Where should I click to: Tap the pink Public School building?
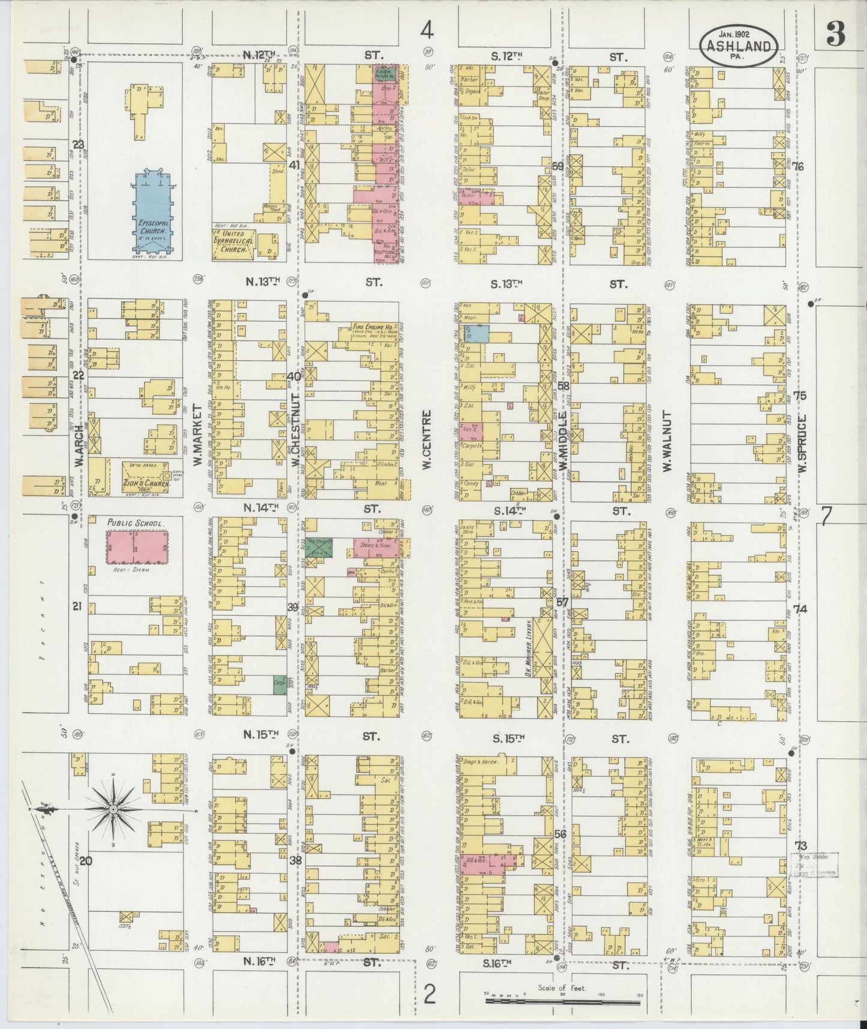[136, 546]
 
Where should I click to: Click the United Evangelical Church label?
[233, 245]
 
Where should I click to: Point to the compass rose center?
[113, 810]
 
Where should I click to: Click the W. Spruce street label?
[802, 440]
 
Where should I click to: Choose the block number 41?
[294, 164]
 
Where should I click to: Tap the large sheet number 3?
[836, 37]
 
